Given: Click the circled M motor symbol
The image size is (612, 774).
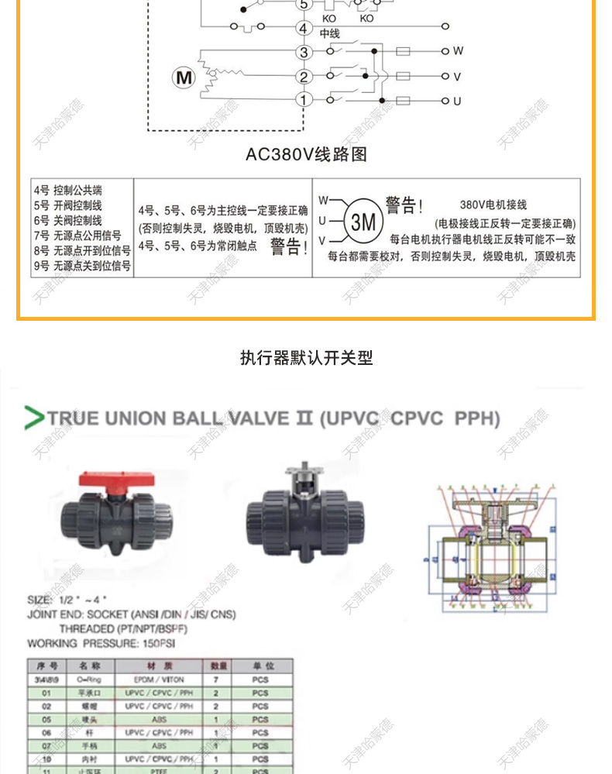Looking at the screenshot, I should [x=184, y=77].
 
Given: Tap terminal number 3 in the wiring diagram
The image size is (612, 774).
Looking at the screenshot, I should [x=304, y=53].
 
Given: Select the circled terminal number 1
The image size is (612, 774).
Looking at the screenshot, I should [x=304, y=99].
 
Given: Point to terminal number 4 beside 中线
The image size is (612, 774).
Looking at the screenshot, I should [x=304, y=29].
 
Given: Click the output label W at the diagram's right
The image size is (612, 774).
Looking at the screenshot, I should [x=458, y=51].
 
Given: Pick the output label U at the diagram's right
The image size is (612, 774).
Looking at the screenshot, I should [x=457, y=101].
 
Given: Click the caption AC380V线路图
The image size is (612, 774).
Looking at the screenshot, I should [x=306, y=154].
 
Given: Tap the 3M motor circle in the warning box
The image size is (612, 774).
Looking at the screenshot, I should [x=363, y=222].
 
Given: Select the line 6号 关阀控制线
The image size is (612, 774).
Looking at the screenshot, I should [x=68, y=220].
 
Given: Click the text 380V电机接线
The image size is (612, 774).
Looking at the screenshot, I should [x=493, y=205].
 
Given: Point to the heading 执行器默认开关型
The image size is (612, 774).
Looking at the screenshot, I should [x=306, y=358].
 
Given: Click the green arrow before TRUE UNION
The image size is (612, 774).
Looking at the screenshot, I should [x=34, y=418].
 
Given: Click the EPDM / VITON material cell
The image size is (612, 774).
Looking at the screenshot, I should [x=159, y=679].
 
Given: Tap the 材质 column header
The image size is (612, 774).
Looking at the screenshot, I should [x=159, y=666].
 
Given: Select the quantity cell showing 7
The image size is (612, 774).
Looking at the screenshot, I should [x=216, y=679].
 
